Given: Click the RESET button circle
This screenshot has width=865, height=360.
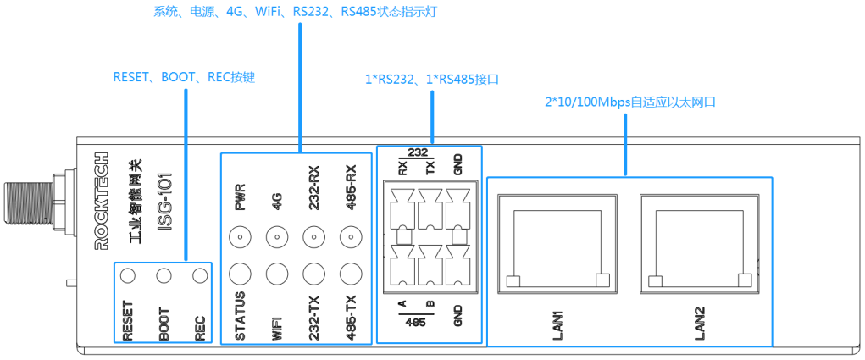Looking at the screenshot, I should pyautogui.click(x=128, y=275).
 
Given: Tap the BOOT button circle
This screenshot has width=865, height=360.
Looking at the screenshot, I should pyautogui.click(x=164, y=275).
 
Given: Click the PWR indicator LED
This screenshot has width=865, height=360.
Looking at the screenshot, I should pyautogui.click(x=240, y=237).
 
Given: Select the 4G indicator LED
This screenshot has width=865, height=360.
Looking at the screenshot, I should pyautogui.click(x=276, y=237).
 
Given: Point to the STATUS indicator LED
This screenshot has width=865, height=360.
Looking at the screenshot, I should pyautogui.click(x=240, y=273).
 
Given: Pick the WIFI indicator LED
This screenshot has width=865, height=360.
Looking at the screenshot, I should pyautogui.click(x=276, y=273).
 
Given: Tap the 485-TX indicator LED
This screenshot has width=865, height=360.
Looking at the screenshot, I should pyautogui.click(x=350, y=273).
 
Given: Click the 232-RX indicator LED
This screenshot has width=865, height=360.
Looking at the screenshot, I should pyautogui.click(x=313, y=237).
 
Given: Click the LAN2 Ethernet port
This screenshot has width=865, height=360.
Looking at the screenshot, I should pyautogui.click(x=698, y=241).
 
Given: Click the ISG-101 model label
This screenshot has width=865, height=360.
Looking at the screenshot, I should pyautogui.click(x=166, y=202).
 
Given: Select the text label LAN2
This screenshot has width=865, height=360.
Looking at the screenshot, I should pyautogui.click(x=700, y=323).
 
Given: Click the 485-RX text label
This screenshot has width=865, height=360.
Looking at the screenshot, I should pyautogui.click(x=350, y=187).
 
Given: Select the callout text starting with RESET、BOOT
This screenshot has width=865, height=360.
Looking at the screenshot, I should pyautogui.click(x=184, y=77).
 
